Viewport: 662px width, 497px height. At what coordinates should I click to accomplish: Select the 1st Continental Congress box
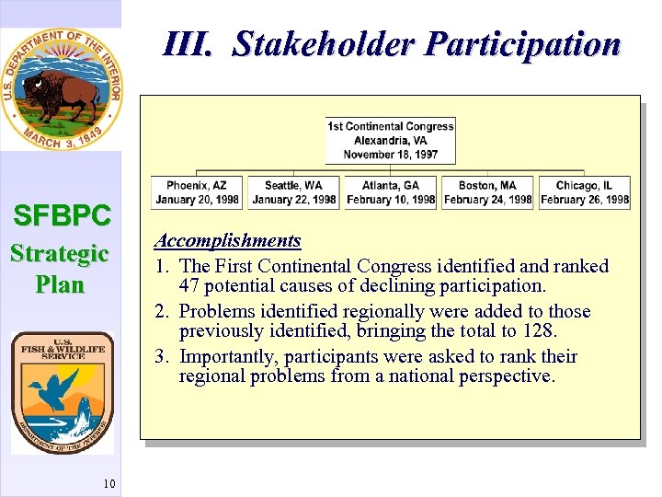[x=390, y=140]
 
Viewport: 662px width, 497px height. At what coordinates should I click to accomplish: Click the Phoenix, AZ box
[x=197, y=192]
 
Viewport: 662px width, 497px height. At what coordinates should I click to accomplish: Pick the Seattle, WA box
[x=293, y=192]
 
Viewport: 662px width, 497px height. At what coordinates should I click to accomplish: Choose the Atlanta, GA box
[x=391, y=192]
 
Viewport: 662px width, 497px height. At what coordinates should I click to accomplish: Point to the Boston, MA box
[x=487, y=192]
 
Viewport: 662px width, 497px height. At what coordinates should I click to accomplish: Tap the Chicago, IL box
[x=584, y=192]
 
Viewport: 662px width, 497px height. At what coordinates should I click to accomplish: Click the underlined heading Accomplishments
[x=227, y=241]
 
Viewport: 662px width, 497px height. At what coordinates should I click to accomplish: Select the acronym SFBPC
[x=62, y=216]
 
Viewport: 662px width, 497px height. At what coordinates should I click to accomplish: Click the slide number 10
[x=109, y=483]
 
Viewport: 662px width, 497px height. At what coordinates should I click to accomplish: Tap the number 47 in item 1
[x=191, y=286]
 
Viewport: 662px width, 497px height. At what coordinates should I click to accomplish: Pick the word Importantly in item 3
[x=229, y=356]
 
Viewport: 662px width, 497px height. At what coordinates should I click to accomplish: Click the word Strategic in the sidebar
[x=60, y=253]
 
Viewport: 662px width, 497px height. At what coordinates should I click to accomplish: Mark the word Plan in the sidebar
[x=60, y=284]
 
